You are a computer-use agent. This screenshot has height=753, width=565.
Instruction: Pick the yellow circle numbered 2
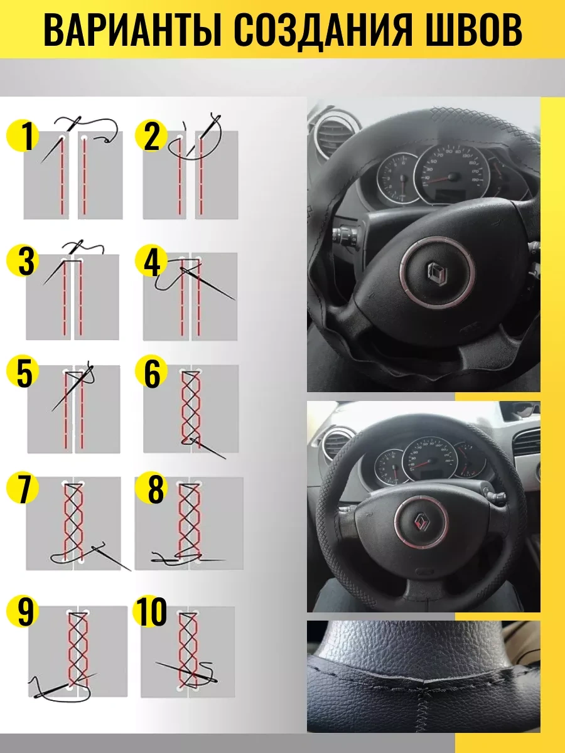pos(151,137)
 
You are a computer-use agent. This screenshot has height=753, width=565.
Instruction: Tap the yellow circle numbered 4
pos(151,262)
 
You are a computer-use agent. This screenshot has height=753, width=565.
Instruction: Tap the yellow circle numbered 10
pos(151,612)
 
